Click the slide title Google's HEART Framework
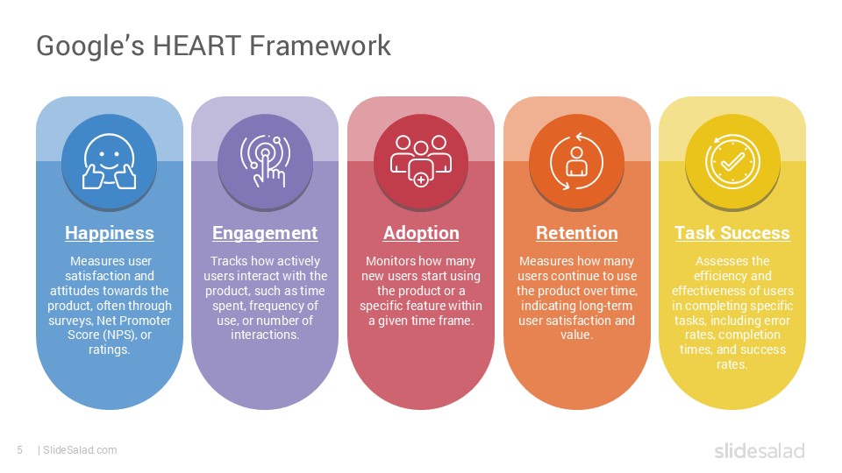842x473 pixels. (x=213, y=45)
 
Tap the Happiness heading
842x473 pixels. (x=110, y=233)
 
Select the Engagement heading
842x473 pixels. (x=265, y=233)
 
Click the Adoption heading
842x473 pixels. (x=421, y=233)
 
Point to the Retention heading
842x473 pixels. (x=576, y=233)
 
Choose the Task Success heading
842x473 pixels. (x=732, y=233)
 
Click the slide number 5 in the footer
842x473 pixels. (x=19, y=450)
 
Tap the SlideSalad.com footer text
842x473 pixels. (x=79, y=450)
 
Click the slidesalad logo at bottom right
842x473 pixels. (x=759, y=451)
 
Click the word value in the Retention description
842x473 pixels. (x=576, y=335)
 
